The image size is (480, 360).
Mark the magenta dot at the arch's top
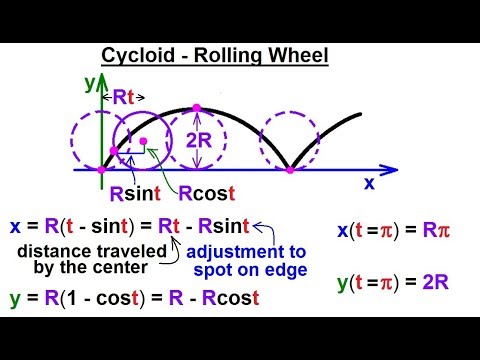point(197,107)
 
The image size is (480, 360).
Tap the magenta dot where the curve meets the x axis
point(290,170)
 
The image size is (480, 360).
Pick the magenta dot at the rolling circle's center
point(143,140)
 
